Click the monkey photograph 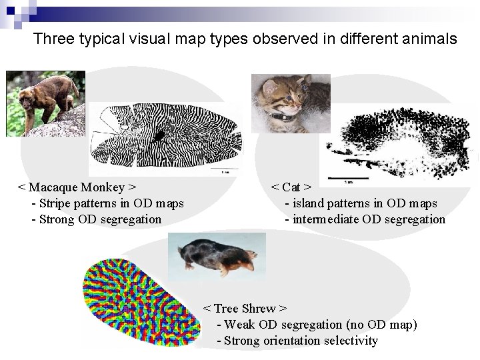[45, 103]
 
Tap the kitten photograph [290, 103]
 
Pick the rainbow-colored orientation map [140, 303]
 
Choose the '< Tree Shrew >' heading [245, 309]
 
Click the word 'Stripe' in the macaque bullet [57, 203]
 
